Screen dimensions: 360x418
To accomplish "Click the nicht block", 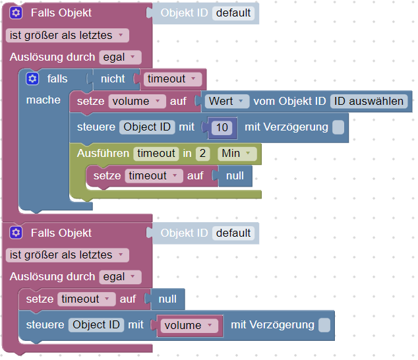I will pyautogui.click(x=113, y=79).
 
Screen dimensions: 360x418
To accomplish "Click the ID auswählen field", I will pyautogui.click(x=369, y=102).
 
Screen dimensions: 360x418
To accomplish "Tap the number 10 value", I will pyautogui.click(x=222, y=127).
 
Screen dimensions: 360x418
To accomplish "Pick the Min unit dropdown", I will pyautogui.click(x=237, y=154).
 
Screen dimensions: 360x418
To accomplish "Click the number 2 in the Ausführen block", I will pyautogui.click(x=203, y=154).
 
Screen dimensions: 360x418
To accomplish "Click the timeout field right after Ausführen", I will pyautogui.click(x=156, y=154).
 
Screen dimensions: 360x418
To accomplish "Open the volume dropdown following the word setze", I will pyautogui.click(x=138, y=102).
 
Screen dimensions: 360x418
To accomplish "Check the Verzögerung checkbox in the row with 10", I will pyautogui.click(x=338, y=127).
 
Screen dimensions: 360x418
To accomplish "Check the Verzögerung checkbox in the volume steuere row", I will pyautogui.click(x=324, y=325).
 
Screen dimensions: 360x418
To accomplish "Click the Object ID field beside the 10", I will pyautogui.click(x=148, y=127).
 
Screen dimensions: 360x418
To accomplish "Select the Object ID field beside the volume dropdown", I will pyautogui.click(x=97, y=325).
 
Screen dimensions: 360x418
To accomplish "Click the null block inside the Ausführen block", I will pyautogui.click(x=235, y=176).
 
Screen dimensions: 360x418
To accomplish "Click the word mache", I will pyautogui.click(x=43, y=100).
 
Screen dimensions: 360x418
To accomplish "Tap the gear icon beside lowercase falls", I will pyautogui.click(x=32, y=79).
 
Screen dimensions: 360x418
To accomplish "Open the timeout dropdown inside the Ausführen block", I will pyautogui.click(x=152, y=176).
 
